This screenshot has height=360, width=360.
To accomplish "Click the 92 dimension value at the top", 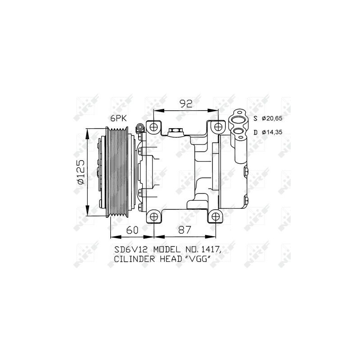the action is (x=186, y=104).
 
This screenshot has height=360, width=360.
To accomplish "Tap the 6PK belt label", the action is (x=118, y=118).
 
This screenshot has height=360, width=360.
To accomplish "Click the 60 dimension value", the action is (x=132, y=230).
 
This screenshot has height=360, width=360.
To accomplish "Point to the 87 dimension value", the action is (x=184, y=230).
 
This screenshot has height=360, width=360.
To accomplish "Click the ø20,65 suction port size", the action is (x=272, y=118).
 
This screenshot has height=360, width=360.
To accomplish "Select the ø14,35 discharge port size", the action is (x=272, y=132).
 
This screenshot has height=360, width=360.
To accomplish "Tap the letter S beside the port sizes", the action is (x=256, y=119).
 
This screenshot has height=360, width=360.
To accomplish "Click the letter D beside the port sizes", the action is (x=256, y=132).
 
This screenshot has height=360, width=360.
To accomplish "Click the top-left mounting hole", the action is (x=153, y=127).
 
